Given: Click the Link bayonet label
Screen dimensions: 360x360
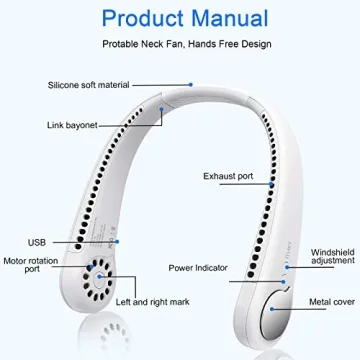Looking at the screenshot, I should [72, 126].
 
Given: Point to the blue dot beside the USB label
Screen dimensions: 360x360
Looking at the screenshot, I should [117, 240].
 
